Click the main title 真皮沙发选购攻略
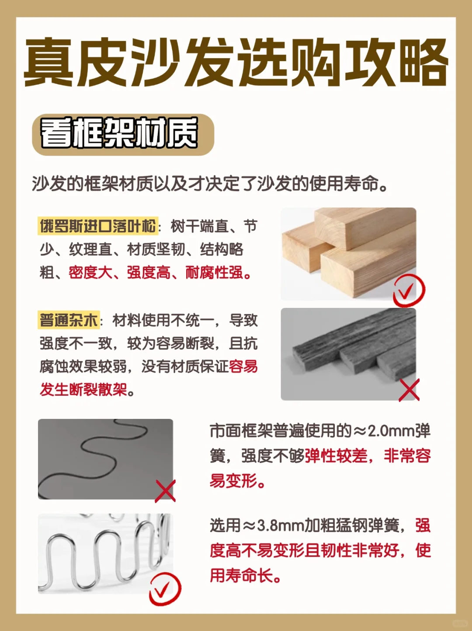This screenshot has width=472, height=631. click(236, 63)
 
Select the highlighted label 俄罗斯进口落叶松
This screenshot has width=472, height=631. click(98, 226)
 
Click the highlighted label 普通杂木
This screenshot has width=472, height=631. click(69, 320)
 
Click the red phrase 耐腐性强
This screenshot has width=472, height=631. click(214, 272)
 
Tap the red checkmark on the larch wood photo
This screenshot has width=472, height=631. click(408, 290)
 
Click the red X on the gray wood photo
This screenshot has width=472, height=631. click(409, 390)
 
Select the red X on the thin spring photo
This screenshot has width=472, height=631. click(165, 491)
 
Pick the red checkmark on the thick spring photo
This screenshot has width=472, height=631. click(164, 589)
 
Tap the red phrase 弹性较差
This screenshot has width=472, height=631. click(336, 456)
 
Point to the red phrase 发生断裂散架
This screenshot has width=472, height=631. click(83, 389)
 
